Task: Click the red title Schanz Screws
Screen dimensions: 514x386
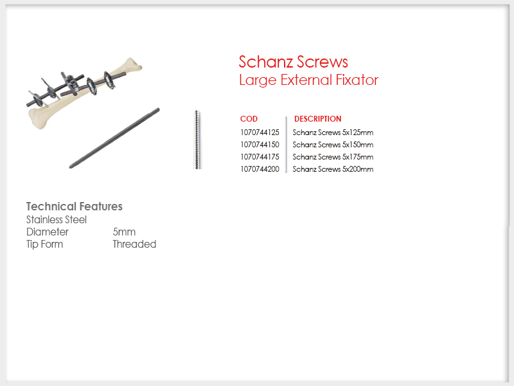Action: coord(293,62)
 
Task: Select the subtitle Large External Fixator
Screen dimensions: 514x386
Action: coord(308,80)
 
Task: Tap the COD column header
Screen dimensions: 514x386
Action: coord(249,119)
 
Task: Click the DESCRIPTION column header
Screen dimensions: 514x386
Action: coord(317,119)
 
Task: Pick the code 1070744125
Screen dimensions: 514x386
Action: coord(260,133)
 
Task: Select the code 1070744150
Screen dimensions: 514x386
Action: coord(260,144)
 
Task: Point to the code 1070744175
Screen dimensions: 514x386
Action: coord(260,157)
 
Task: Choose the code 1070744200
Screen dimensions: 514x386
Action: coord(260,169)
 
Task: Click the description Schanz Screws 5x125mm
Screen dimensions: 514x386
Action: coord(333,133)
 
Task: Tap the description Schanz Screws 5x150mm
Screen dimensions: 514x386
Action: coord(333,144)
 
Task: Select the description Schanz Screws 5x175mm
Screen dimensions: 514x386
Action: coord(333,157)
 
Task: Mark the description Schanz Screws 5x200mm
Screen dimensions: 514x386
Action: coord(333,169)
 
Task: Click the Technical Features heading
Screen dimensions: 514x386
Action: coord(75,207)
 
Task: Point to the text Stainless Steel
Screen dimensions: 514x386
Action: coord(57,219)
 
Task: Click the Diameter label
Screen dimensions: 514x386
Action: coord(48,232)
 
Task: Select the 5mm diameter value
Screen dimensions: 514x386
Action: coord(124,232)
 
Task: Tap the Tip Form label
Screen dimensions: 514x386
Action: coord(44,244)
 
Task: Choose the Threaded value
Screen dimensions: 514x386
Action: coord(134,244)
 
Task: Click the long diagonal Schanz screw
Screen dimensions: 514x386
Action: coord(114,138)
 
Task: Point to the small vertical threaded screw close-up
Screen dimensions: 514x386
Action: coord(197,140)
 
